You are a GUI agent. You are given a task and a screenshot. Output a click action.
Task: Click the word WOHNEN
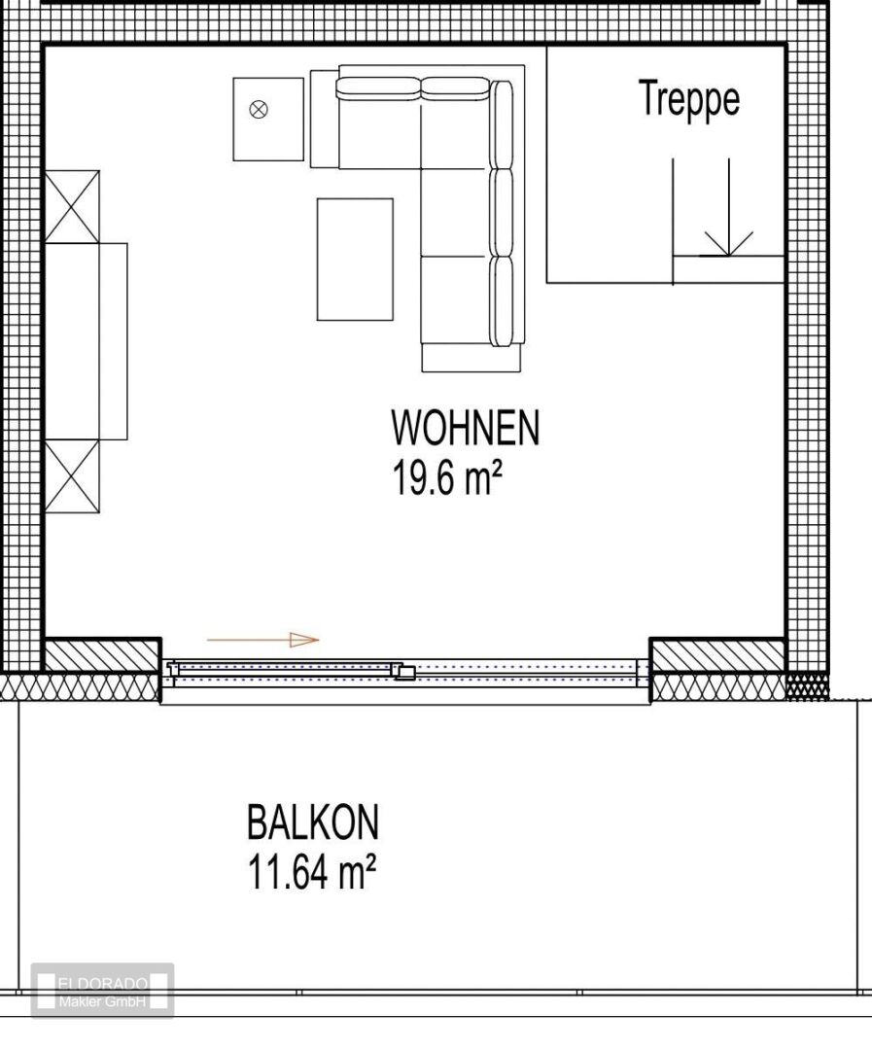point(465,429)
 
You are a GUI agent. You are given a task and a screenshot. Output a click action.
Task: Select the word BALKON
point(312,822)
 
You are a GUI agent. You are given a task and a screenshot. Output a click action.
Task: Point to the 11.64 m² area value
point(310,873)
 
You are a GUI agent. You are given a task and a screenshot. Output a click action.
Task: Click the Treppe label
point(688,99)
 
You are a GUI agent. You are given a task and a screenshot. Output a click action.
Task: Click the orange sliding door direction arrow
point(263,640)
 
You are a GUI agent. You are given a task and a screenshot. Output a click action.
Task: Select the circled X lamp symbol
point(259,110)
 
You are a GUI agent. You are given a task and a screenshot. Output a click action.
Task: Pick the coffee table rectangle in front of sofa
point(355,259)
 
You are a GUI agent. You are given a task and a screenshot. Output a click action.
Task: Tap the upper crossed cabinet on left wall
point(72,206)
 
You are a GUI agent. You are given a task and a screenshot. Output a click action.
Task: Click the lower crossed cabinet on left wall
point(72,476)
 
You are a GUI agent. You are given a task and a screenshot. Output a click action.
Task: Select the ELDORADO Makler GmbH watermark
point(102,991)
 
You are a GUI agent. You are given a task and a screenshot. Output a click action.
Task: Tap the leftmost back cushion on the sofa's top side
point(379,87)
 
